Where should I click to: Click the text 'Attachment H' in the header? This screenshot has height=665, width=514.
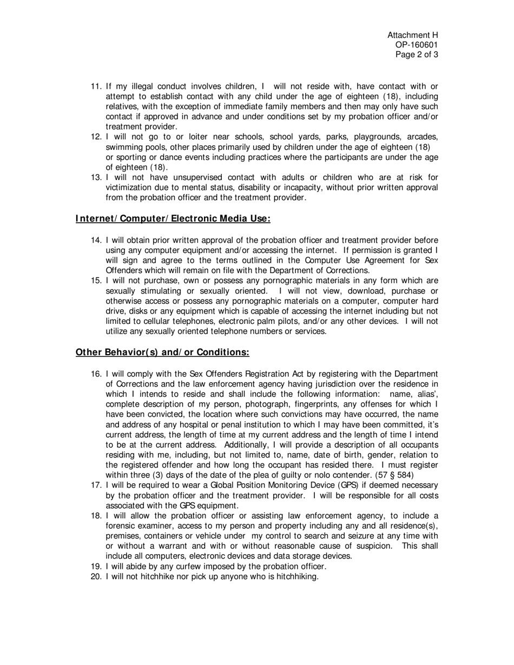pos(412,35)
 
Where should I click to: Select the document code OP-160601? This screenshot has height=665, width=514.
pos(417,45)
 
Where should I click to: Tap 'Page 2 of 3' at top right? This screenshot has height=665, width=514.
pos(417,55)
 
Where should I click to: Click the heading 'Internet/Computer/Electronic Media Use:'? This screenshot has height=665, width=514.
pos(173,218)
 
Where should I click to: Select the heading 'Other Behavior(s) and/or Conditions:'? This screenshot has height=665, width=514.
pos(162,353)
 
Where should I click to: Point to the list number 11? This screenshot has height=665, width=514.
pos(96,87)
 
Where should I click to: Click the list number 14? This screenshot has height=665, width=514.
pos(96,240)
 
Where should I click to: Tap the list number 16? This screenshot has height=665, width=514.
pos(96,374)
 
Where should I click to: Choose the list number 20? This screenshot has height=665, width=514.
pos(96,576)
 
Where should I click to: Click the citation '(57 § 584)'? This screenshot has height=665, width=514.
pos(394,475)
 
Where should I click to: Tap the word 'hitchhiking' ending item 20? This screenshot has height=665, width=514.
pos(297,576)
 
